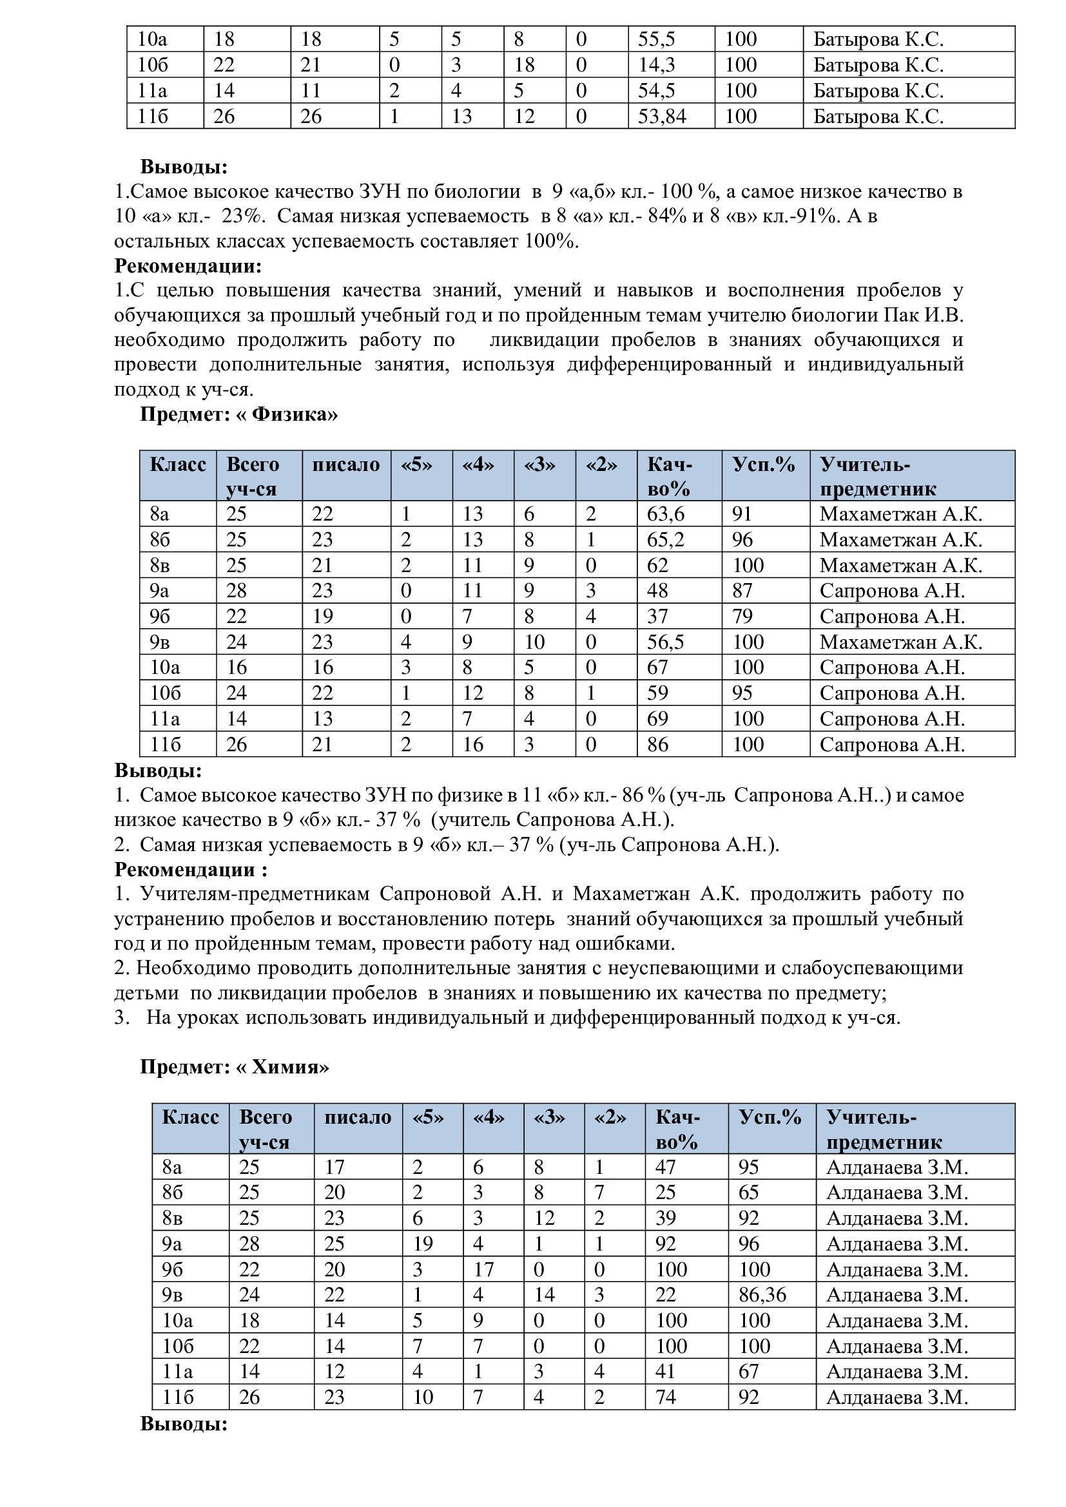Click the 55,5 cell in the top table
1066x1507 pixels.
pyautogui.click(x=656, y=39)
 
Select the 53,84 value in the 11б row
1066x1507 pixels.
pyautogui.click(x=662, y=116)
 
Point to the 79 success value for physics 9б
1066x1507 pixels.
pyautogui.click(x=742, y=617)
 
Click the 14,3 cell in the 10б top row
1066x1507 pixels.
pyautogui.click(x=656, y=65)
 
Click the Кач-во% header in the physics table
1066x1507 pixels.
pyautogui.click(x=670, y=477)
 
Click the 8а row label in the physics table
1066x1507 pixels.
pyautogui.click(x=159, y=514)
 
